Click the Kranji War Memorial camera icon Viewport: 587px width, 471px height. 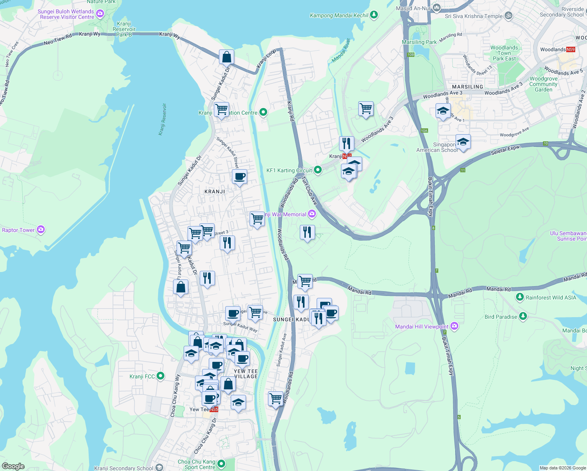(312, 214)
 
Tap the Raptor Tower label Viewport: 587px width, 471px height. (18, 230)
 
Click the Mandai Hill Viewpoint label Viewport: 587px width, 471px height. (421, 327)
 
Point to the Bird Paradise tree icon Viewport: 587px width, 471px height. (522, 316)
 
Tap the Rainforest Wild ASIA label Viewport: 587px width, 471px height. (551, 298)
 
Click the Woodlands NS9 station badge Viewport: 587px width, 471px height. (571, 49)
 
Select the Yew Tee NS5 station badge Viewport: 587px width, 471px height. (214, 409)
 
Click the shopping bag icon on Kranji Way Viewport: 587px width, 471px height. (227, 57)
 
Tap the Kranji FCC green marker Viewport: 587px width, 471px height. (160, 376)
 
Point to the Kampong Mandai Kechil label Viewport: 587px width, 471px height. (339, 15)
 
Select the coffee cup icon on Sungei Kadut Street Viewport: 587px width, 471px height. (239, 177)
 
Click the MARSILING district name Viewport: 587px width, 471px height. (467, 87)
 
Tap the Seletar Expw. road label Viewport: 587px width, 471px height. (505, 150)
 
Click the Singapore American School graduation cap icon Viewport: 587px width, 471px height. (463, 142)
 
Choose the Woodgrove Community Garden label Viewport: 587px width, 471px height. (543, 84)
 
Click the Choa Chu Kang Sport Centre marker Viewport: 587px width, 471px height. (221, 464)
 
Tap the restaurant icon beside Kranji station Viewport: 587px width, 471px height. (346, 144)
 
